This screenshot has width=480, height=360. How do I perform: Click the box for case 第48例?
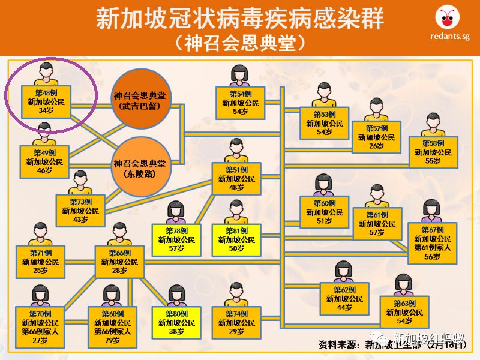click(x=46, y=102)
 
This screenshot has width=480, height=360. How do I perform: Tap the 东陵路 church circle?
click(x=143, y=167)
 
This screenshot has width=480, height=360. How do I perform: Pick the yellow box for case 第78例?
click(x=176, y=239)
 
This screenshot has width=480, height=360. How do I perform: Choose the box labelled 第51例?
click(x=236, y=179)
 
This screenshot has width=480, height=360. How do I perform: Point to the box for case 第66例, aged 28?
click(x=119, y=262)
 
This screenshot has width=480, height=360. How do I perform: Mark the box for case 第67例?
click(x=432, y=242)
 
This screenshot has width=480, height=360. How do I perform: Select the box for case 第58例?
click(x=432, y=153)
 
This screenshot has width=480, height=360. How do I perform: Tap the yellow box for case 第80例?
click(x=176, y=323)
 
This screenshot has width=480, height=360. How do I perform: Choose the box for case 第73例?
click(x=80, y=211)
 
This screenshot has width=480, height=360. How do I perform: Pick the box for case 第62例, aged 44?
click(x=344, y=298)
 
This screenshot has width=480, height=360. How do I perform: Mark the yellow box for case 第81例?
click(x=236, y=239)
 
